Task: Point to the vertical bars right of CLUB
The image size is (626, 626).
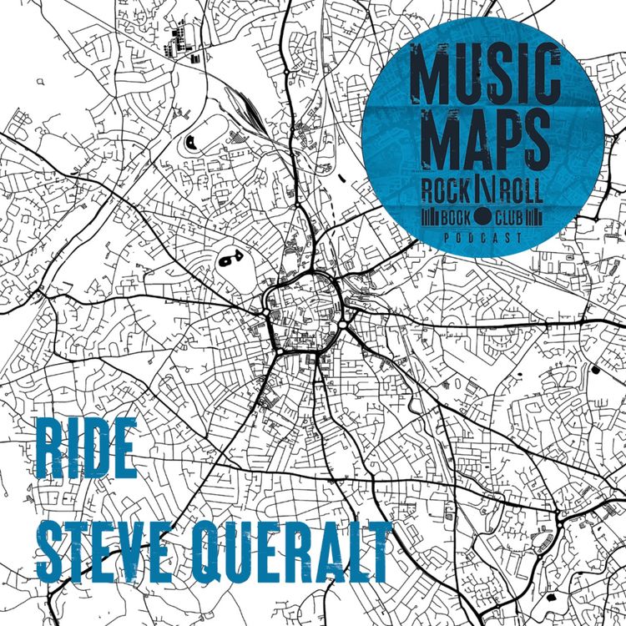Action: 542,220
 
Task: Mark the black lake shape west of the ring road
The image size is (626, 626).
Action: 226,261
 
